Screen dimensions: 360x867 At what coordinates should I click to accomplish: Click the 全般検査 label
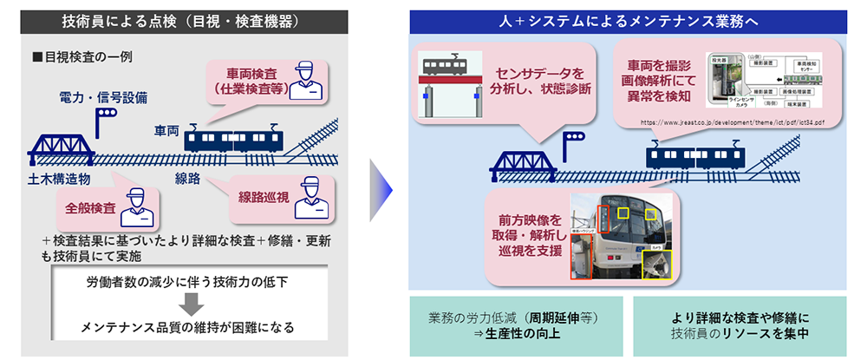pyautogui.click(x=90, y=209)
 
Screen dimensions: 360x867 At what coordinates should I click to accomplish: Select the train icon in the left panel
pyautogui.click(x=234, y=139)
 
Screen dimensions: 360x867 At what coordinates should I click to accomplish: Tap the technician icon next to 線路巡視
pyautogui.click(x=312, y=200)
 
